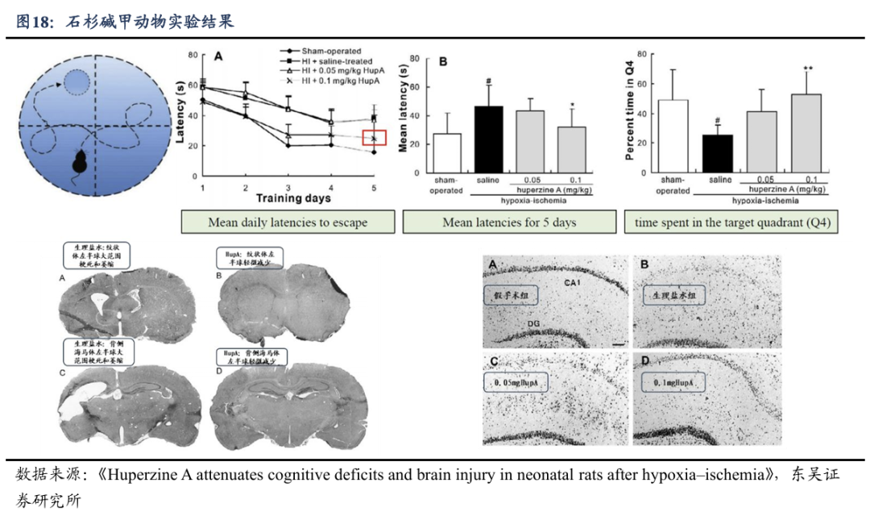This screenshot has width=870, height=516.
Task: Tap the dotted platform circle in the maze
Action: (x=78, y=81)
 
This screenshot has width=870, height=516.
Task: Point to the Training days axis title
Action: (x=293, y=198)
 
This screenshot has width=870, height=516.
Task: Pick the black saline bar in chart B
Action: (x=488, y=139)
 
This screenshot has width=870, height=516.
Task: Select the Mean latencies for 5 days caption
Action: (x=509, y=223)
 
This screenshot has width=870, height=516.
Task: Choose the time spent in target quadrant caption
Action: (x=732, y=223)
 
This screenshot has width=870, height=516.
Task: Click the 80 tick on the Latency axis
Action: (x=193, y=55)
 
